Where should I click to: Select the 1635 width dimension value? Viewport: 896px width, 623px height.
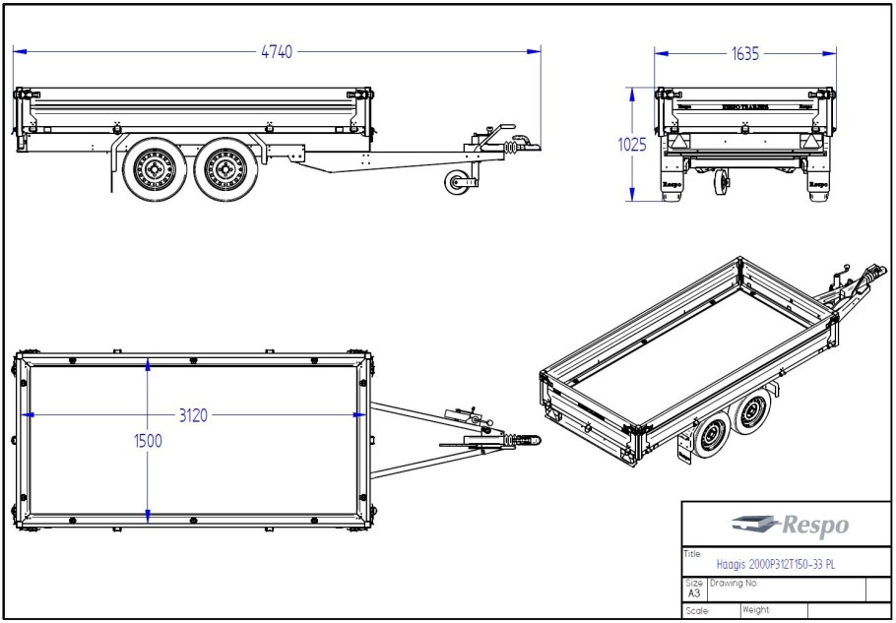click(745, 55)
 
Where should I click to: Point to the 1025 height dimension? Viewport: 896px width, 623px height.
click(631, 145)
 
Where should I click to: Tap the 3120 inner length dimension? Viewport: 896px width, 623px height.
click(193, 415)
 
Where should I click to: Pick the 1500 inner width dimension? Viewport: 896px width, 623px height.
click(148, 441)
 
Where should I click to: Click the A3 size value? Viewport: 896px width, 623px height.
click(694, 593)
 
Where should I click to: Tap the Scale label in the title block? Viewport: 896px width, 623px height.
click(697, 611)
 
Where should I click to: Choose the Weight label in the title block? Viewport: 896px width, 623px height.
click(756, 611)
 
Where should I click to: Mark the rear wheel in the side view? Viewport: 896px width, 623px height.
click(156, 168)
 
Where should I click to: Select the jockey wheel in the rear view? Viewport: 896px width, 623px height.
click(724, 181)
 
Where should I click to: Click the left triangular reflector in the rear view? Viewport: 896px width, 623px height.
click(677, 142)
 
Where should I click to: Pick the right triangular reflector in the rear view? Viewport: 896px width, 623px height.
click(810, 142)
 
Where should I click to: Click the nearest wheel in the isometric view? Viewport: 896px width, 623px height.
click(707, 439)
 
